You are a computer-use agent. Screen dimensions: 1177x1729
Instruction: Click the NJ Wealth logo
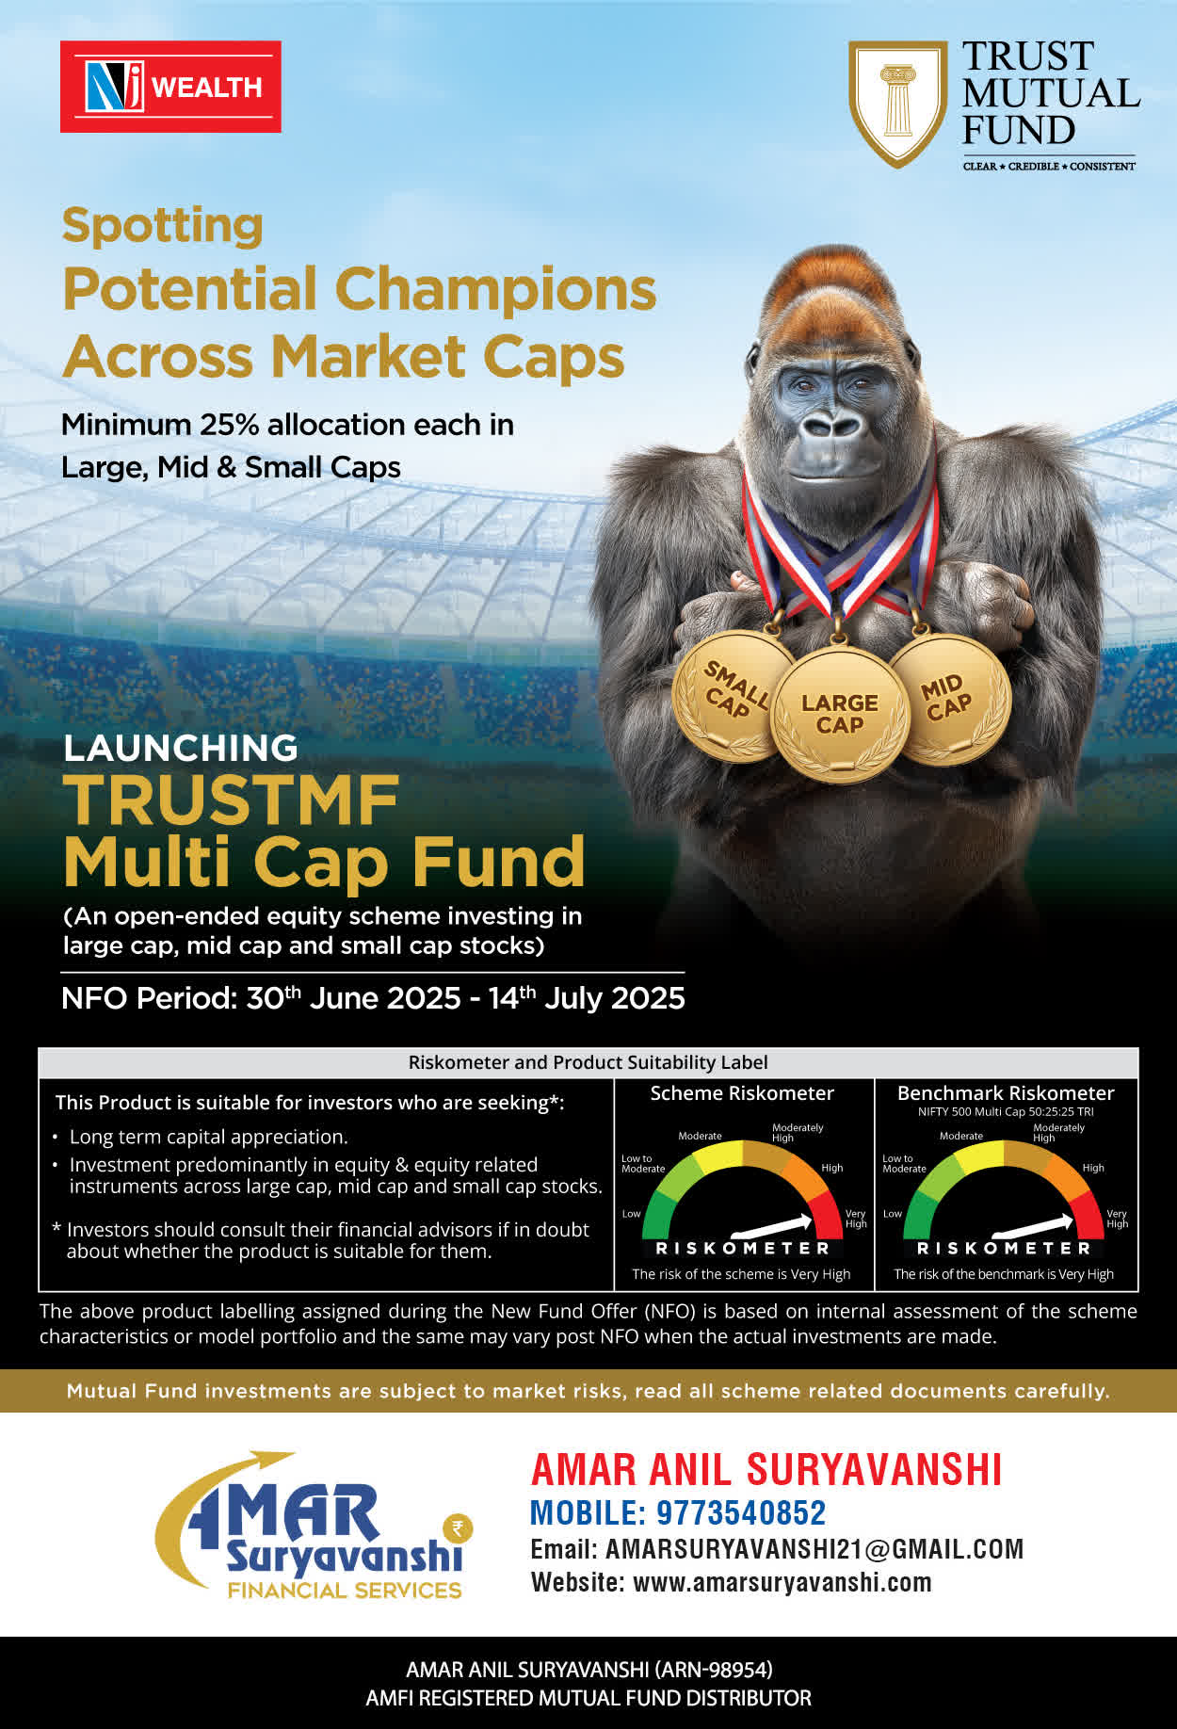click(x=170, y=87)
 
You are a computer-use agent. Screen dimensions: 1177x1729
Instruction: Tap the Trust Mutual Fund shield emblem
click(x=897, y=104)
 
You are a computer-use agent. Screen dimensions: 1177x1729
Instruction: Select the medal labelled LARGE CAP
click(x=840, y=714)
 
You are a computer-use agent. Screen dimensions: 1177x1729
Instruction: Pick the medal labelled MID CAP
click(x=949, y=698)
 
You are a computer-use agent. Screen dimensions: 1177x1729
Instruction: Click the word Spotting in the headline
click(x=162, y=227)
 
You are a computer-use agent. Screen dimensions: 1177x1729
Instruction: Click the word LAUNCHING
click(x=181, y=748)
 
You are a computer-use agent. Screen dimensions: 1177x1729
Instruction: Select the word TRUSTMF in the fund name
click(x=232, y=800)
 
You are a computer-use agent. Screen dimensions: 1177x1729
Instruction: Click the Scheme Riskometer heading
click(x=742, y=1093)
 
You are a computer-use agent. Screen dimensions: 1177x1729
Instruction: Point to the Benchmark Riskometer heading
click(x=1006, y=1093)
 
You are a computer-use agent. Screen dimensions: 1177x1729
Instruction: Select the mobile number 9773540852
click(x=741, y=1512)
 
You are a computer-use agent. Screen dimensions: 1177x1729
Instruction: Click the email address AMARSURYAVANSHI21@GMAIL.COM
click(x=814, y=1549)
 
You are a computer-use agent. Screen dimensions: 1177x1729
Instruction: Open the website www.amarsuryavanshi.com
click(x=782, y=1582)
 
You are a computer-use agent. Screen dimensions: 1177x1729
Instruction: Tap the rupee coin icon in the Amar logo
click(x=458, y=1527)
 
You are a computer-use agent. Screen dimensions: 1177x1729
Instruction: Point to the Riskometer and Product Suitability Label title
click(x=588, y=1062)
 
